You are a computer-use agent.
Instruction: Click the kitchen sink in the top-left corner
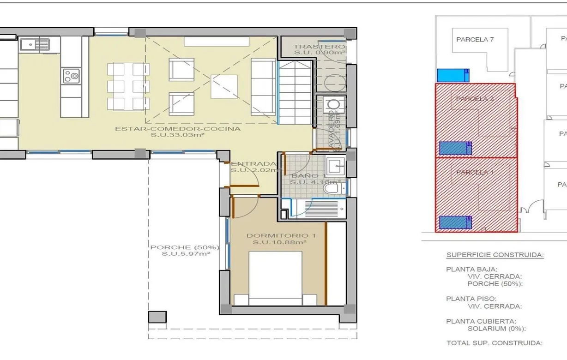[x=35, y=45]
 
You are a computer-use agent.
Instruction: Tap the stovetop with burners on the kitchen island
[x=72, y=76]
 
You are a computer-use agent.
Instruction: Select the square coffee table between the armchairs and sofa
[x=224, y=86]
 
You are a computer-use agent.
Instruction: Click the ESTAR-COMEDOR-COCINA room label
[x=178, y=129]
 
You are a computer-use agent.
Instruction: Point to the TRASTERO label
[x=319, y=47]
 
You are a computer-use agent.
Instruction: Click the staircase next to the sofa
[x=296, y=92]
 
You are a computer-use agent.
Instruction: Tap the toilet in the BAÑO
[x=331, y=187]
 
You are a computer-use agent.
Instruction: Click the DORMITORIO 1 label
[x=277, y=235]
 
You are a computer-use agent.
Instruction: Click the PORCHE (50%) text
[x=184, y=247]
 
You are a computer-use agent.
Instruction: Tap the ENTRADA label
[x=253, y=164]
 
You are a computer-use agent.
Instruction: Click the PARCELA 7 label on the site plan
[x=475, y=40]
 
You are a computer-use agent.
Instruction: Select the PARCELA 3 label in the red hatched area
[x=475, y=99]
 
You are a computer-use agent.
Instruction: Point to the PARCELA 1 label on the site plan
[x=475, y=172]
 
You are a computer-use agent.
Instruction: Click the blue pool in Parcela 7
[x=453, y=75]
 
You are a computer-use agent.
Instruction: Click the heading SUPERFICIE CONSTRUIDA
[x=495, y=255]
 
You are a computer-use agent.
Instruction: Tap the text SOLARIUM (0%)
[x=496, y=329]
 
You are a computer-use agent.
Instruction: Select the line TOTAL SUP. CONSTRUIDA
[x=494, y=343]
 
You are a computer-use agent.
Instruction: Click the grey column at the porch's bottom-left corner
[x=157, y=317]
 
